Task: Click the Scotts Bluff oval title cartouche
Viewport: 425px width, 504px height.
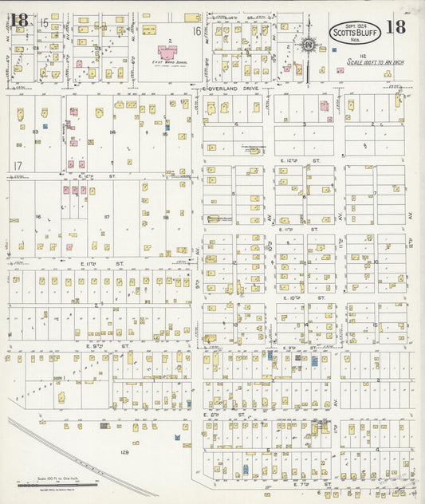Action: (354, 33)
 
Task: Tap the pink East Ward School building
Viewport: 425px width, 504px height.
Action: (167, 53)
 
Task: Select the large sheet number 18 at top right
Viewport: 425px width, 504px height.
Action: (395, 26)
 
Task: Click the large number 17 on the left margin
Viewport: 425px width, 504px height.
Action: (17, 166)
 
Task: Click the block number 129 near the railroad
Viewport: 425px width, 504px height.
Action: (124, 452)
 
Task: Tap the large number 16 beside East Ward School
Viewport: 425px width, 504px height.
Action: (195, 31)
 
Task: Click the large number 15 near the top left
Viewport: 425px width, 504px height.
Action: (43, 23)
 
